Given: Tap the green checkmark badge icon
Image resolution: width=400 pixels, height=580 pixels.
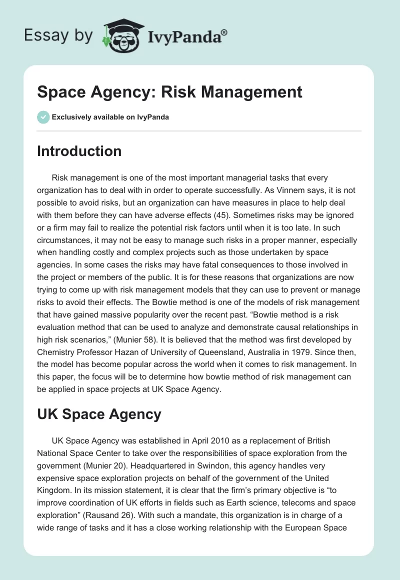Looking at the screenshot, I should (x=43, y=117).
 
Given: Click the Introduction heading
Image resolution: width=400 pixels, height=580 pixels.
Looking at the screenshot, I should (x=79, y=151).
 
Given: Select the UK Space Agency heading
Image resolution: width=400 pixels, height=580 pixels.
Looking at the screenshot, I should (x=99, y=414).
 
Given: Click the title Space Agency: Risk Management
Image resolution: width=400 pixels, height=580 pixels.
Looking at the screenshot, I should (x=169, y=92).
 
